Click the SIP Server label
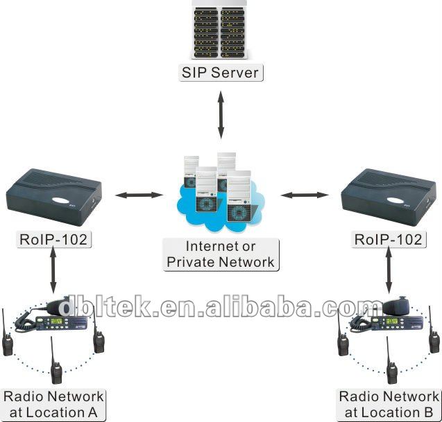pos(221,72)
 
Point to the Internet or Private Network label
pos(221,254)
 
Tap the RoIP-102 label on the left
pos(53,240)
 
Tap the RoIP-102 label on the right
pos(389,240)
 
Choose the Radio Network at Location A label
pos(53,405)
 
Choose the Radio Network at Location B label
pos(389,405)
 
